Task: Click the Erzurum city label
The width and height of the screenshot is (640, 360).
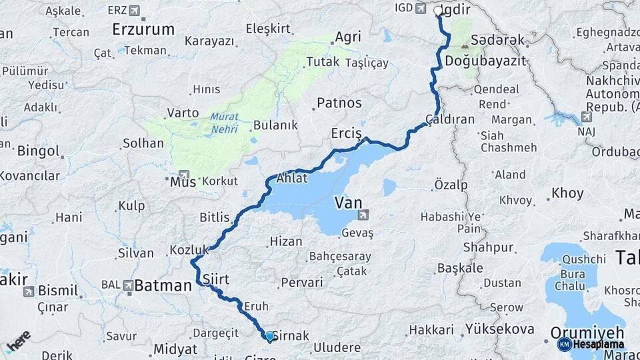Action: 143,29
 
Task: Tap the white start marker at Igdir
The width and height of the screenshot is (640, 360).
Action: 438,11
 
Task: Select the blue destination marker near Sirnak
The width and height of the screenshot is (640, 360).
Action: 269,337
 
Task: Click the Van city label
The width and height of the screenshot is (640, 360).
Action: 349,201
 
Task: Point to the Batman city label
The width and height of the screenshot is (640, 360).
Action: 163,286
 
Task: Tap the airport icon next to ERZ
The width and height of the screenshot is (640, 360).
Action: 136,11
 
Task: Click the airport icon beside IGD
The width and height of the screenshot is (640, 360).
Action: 420,9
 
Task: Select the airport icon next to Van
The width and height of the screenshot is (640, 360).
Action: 363,215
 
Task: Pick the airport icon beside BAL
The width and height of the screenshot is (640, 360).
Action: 128,285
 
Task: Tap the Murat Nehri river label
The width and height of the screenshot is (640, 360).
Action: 224,123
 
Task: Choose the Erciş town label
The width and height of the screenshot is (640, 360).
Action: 346,134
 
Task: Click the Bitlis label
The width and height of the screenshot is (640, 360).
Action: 214,217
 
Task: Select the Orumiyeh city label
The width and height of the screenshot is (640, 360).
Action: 587,332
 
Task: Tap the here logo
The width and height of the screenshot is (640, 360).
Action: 17,342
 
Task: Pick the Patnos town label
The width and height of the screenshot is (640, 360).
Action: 339,103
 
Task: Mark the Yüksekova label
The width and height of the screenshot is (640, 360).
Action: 500,329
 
